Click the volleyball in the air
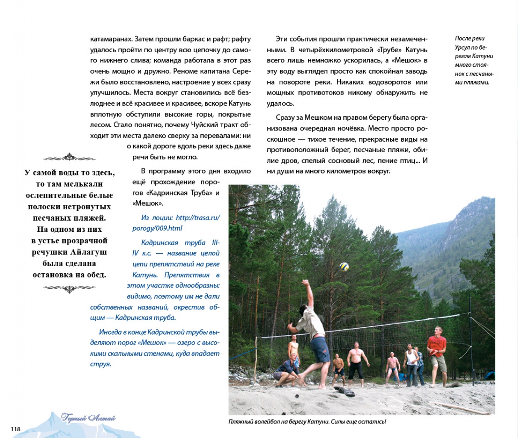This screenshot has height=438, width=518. tap(344, 266)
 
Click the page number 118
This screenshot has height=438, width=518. tap(15, 429)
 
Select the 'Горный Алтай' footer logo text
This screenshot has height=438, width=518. tap(88, 418)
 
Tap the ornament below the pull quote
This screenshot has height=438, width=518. tap(69, 289)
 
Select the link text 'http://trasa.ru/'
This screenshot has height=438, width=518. tap(198, 218)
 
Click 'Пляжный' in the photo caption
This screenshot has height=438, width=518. tap(242, 422)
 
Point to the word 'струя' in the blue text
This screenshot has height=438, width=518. tap(100, 364)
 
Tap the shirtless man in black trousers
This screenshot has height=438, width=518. tap(356, 364)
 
